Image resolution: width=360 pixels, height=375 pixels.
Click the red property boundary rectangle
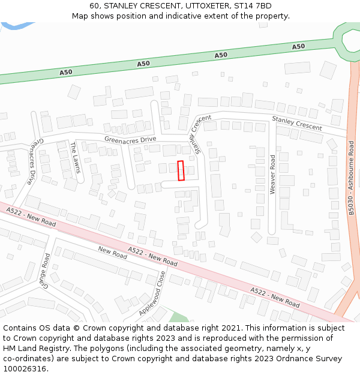click(x=181, y=170)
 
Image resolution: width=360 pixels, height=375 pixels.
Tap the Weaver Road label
click(x=272, y=175)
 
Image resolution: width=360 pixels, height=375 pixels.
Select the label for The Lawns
click(x=74, y=157)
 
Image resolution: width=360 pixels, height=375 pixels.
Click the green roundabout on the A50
click(x=349, y=40)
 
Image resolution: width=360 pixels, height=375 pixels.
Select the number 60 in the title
click(x=95, y=5)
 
